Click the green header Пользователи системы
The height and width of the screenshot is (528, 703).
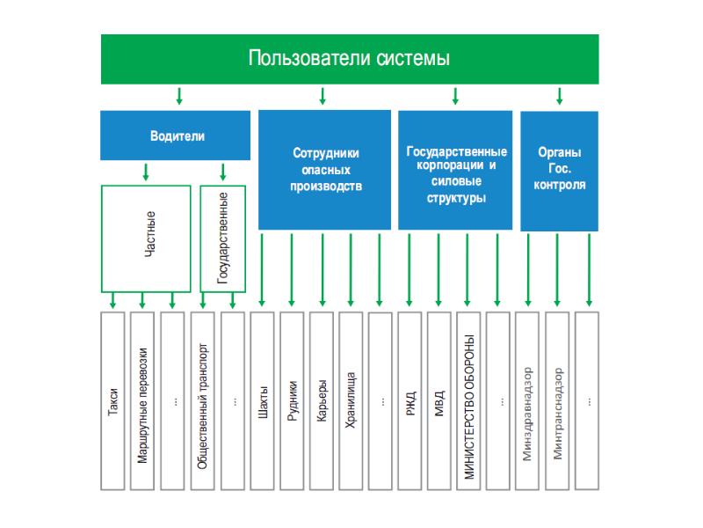(350, 60)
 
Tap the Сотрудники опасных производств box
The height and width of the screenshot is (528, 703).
(325, 170)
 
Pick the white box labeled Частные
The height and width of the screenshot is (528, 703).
(146, 238)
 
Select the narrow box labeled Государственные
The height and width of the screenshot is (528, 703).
(222, 238)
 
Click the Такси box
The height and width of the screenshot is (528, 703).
(113, 400)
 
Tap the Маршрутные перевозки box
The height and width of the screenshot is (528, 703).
(143, 400)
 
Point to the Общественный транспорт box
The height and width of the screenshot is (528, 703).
(203, 400)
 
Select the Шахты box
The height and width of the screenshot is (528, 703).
(263, 400)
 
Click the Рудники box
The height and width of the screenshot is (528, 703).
(293, 400)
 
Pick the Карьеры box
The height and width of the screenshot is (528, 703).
(323, 400)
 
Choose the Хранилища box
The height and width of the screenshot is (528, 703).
(351, 400)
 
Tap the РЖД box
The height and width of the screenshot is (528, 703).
(411, 400)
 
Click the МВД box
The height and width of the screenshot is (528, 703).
(440, 400)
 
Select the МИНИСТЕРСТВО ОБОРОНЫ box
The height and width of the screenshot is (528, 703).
(470, 400)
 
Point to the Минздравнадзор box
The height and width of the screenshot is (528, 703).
(529, 400)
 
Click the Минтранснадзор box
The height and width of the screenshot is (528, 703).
(559, 400)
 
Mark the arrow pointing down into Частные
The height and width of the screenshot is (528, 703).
(146, 172)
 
